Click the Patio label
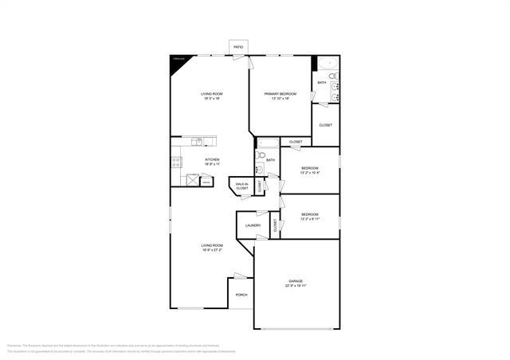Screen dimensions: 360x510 coord(238,48)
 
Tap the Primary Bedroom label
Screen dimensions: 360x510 coord(280,94)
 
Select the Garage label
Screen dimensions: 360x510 coord(296,281)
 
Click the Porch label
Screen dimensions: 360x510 coord(241,295)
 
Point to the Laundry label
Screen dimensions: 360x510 coord(253,225)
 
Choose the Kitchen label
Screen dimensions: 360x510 coord(212,159)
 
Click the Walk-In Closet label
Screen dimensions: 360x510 coord(241,186)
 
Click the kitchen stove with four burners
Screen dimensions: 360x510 coord(175,162)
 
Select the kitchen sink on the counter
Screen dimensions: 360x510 coord(198,142)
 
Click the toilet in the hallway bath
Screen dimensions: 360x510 coord(261,155)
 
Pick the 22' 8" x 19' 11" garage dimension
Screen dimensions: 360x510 coord(296,286)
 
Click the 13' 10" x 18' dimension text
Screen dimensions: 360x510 coord(280,99)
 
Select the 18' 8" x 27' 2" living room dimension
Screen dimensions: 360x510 coord(212,250)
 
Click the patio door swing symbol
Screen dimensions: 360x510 coord(249,60)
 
